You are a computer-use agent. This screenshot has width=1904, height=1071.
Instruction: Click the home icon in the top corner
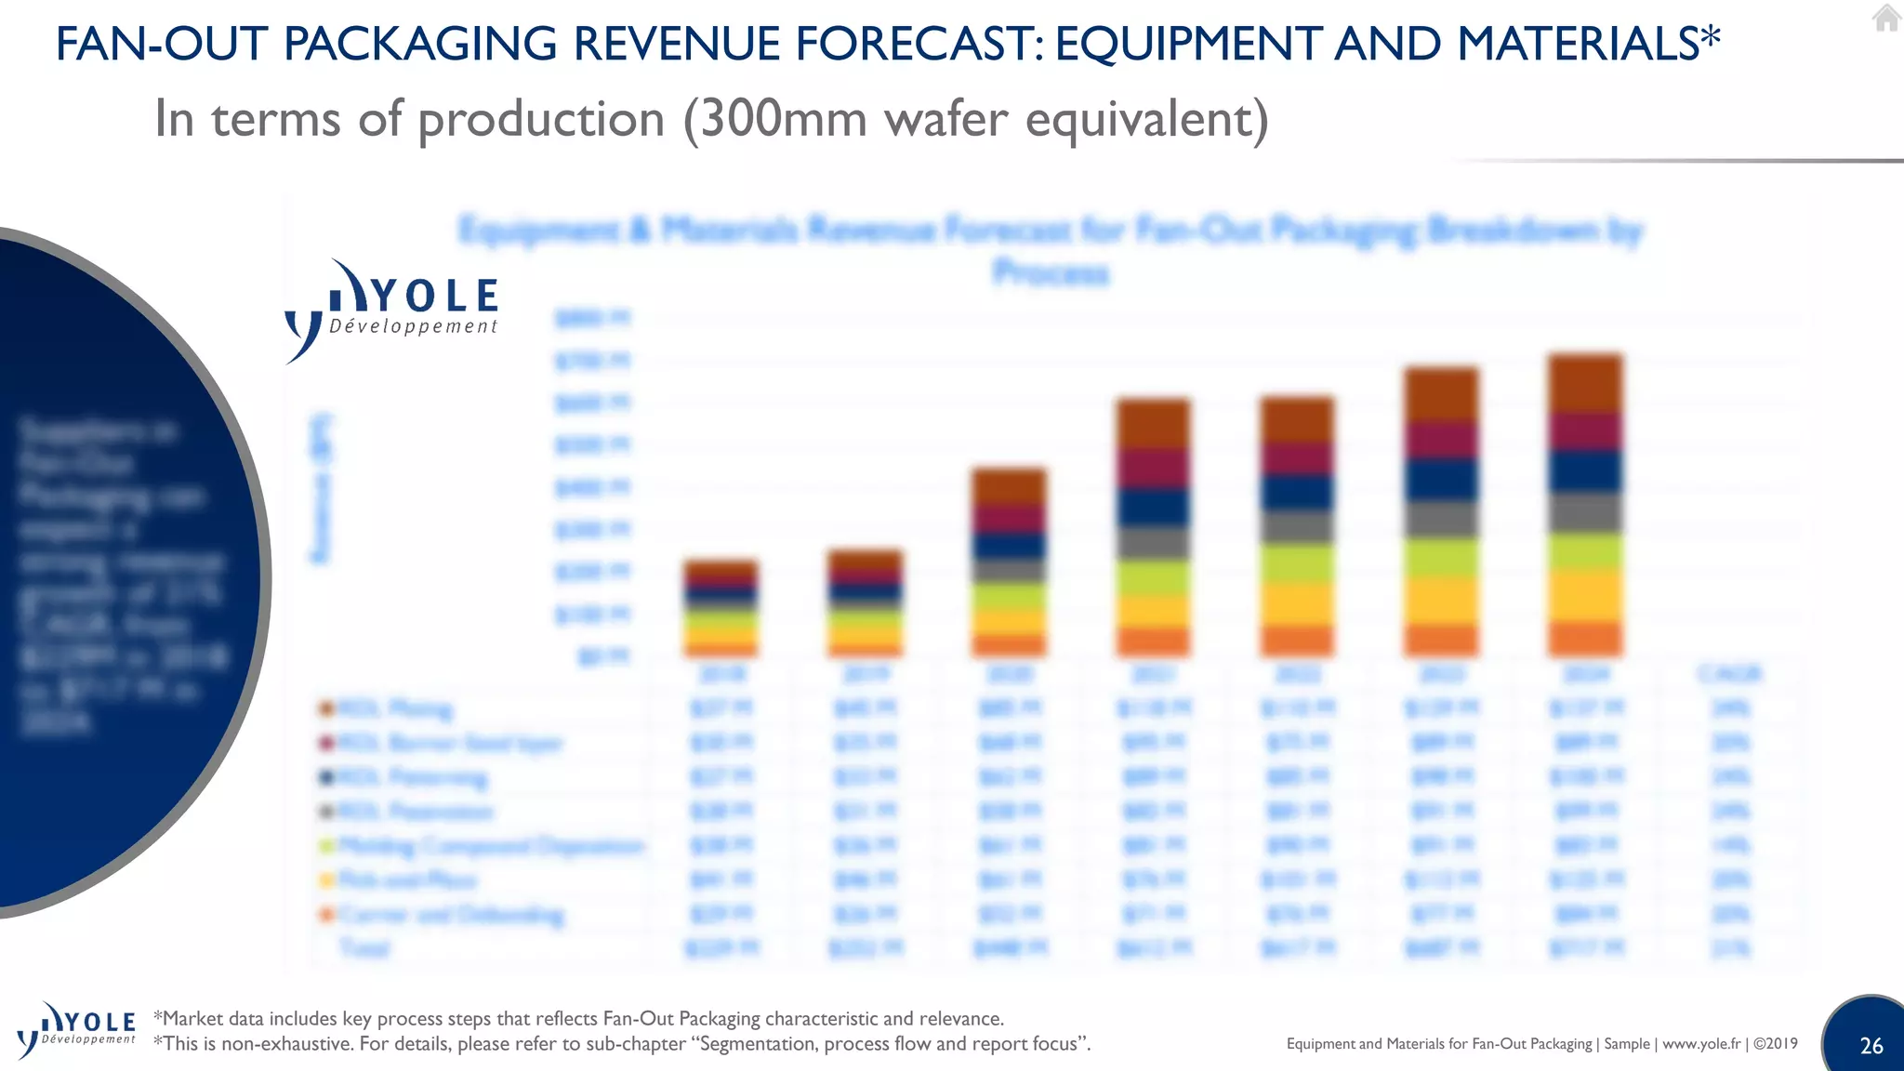(x=1885, y=18)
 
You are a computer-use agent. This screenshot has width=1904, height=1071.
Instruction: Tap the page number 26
(x=1871, y=1046)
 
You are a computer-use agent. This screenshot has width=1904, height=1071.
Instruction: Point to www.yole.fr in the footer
(x=1700, y=1044)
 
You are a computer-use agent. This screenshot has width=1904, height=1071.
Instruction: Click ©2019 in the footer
(x=1776, y=1044)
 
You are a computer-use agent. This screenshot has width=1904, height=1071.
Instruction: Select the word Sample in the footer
(x=1626, y=1044)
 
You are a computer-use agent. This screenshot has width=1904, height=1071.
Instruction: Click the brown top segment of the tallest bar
(x=1585, y=383)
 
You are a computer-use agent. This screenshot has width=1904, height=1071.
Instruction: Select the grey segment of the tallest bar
(x=1585, y=512)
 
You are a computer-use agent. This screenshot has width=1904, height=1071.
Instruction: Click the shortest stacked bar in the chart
(x=721, y=609)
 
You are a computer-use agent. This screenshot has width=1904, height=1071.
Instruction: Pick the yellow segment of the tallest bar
(x=1585, y=595)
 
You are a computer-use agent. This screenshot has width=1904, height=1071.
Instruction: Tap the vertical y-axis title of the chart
(x=321, y=488)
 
